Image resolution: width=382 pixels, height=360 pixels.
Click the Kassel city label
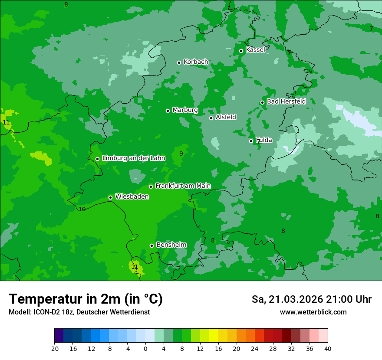click(255, 50)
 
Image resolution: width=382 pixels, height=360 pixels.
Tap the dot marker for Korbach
click(179, 62)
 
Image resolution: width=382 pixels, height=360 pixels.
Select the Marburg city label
click(185, 110)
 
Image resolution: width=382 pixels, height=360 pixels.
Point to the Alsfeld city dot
click(211, 118)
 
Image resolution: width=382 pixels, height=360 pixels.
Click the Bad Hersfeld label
click(286, 101)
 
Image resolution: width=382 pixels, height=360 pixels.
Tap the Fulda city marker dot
click(251, 141)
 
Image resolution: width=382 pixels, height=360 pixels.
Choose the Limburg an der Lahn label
click(133, 158)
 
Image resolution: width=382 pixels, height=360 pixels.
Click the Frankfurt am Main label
click(183, 186)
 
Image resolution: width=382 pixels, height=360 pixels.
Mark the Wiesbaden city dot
click(111, 197)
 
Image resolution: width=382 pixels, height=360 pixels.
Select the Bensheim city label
click(171, 245)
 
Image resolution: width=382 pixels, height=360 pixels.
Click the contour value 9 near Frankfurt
click(181, 154)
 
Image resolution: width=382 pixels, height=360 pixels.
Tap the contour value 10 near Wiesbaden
click(82, 209)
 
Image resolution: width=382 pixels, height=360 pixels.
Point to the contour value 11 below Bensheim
click(135, 267)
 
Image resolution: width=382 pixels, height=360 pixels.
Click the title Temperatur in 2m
click(86, 299)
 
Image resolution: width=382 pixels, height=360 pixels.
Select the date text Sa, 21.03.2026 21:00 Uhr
click(311, 299)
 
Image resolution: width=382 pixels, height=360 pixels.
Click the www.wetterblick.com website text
click(313, 312)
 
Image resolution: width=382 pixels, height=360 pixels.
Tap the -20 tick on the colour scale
click(54, 348)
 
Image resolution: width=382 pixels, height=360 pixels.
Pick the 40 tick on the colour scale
click(327, 348)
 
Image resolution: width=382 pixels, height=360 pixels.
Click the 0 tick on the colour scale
click(145, 348)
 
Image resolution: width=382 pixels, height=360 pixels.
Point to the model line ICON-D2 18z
click(79, 312)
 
